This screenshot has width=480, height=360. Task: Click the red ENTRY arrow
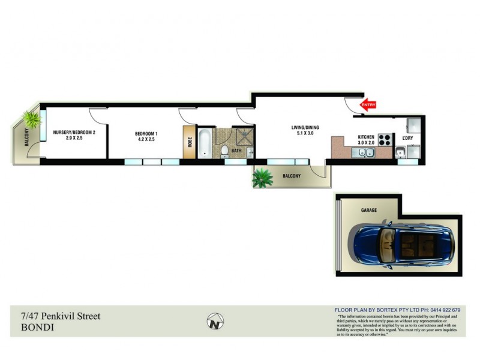367,105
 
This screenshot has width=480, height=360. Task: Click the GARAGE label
368,211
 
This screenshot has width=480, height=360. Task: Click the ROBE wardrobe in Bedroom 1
190,142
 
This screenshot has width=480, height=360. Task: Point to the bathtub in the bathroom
204,144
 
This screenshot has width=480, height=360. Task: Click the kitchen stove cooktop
385,143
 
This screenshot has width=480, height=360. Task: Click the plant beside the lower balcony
262,178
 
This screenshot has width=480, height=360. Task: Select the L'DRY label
407,138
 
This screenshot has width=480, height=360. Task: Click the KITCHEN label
366,137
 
